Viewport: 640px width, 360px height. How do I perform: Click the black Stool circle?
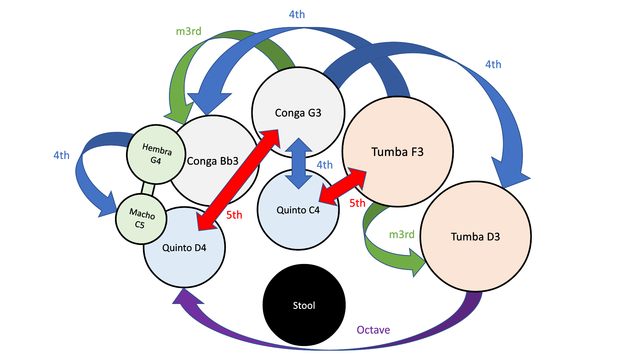[x=304, y=305]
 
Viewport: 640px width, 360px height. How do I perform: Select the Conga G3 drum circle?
[x=298, y=100]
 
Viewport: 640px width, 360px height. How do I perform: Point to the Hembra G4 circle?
[x=156, y=154]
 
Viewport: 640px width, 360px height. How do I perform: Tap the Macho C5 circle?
[x=141, y=219]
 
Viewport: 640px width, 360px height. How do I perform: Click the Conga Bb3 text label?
[x=213, y=161]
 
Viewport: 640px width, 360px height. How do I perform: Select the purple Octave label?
[x=373, y=330]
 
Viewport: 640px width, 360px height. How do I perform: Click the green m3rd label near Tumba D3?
[x=402, y=234]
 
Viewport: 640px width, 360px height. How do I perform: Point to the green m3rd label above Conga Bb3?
[x=189, y=31]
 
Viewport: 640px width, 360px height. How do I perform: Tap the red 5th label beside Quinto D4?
[x=234, y=215]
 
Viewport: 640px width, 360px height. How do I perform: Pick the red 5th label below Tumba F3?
[x=357, y=203]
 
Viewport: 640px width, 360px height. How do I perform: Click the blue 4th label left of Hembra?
[x=61, y=155]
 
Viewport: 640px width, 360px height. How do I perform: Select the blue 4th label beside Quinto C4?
[x=324, y=165]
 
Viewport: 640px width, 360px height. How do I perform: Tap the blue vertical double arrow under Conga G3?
[x=299, y=163]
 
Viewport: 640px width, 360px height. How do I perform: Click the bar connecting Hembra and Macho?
[x=148, y=189]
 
